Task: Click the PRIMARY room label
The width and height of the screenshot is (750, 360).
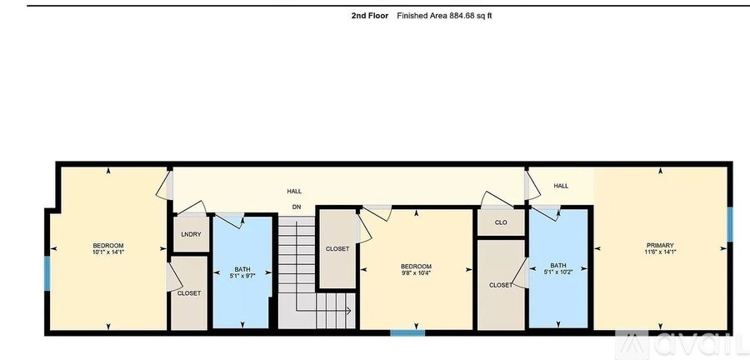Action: click(660, 245)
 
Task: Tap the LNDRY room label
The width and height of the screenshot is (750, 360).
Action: click(191, 234)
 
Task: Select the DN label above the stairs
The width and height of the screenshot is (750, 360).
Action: click(296, 207)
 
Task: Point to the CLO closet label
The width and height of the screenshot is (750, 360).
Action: click(501, 222)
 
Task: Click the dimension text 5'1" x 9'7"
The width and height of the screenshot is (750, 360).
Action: click(242, 276)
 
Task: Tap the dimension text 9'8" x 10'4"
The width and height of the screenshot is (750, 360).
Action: click(417, 272)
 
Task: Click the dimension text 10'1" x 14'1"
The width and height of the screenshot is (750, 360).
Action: click(108, 251)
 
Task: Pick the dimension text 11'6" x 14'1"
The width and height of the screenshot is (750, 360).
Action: click(660, 251)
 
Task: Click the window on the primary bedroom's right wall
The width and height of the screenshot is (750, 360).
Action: click(729, 223)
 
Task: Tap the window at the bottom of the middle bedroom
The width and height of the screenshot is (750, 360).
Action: click(408, 333)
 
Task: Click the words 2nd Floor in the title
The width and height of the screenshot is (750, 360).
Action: click(369, 15)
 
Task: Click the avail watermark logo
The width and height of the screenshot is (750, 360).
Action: click(685, 343)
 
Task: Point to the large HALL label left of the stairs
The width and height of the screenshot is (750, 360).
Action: click(294, 191)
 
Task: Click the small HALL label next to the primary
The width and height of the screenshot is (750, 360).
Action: click(561, 186)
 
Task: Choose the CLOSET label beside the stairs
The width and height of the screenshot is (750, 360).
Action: click(337, 249)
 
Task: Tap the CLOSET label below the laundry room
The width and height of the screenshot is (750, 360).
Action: click(188, 293)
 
